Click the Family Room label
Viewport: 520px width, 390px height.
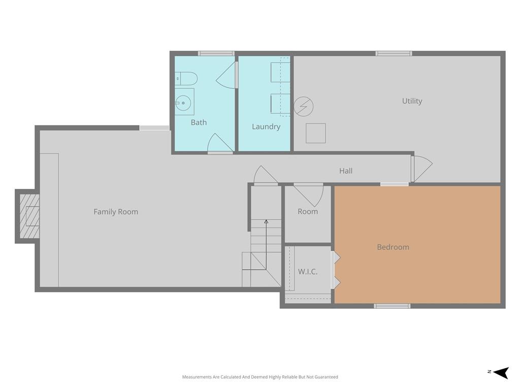point(116,212)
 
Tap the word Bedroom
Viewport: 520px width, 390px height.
point(393,247)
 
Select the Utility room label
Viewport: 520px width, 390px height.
point(412,101)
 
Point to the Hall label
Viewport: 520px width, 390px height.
point(345,171)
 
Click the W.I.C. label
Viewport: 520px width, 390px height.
point(307,272)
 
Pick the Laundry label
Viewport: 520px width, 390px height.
point(266,126)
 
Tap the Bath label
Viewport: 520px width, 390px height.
point(199,122)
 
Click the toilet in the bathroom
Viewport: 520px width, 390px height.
point(186,79)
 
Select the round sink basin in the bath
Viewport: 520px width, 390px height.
point(183,103)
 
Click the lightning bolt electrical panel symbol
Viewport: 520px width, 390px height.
point(304,107)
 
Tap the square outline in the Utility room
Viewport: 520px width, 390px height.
point(315,134)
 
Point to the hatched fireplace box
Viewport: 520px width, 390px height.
point(29,216)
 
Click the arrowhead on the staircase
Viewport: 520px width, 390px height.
point(266,221)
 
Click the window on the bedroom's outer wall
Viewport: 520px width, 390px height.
point(392,306)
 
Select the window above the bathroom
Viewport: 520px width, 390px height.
point(216,53)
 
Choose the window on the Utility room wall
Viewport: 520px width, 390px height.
point(394,53)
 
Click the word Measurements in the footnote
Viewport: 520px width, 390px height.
point(197,377)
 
